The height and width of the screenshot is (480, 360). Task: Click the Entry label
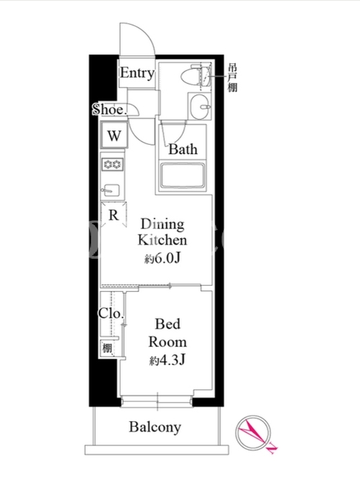click(137, 73)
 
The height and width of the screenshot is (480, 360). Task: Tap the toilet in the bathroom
click(196, 76)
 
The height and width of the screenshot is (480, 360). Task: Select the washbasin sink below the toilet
click(200, 106)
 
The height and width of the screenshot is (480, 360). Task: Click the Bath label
click(183, 149)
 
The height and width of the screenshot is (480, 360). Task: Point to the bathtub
click(182, 176)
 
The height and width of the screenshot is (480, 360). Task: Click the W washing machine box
click(114, 135)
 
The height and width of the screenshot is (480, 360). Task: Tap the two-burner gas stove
click(113, 164)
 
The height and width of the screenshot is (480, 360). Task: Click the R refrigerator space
click(113, 215)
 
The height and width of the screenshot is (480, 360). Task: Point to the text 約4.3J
click(167, 360)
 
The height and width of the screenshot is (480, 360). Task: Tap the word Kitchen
click(162, 240)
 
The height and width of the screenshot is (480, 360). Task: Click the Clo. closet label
click(111, 313)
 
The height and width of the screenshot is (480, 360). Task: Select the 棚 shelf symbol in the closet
click(107, 348)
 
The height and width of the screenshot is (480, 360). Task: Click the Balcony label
click(155, 427)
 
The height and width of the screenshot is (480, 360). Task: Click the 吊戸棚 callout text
click(232, 78)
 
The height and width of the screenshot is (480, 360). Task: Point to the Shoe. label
click(109, 110)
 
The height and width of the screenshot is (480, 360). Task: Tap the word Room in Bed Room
click(167, 342)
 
